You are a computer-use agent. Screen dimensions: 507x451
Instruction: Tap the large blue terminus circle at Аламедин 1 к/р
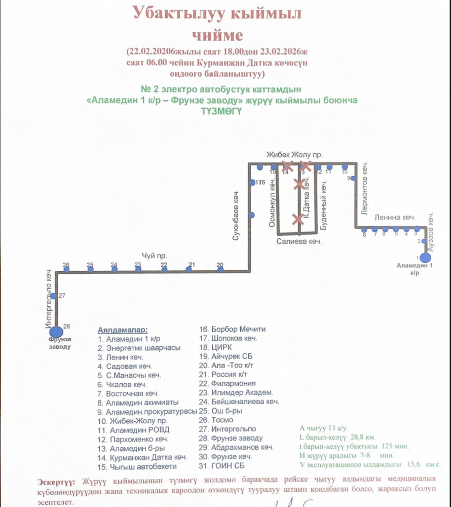[425, 258]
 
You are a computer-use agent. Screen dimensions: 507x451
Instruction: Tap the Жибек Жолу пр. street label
[295, 154]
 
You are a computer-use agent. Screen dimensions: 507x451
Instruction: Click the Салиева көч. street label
[299, 242]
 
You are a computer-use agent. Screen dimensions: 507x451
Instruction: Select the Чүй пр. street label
[155, 256]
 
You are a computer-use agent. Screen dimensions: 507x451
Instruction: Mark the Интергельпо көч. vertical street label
[48, 296]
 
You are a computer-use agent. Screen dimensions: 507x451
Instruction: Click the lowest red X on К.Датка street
[298, 219]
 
